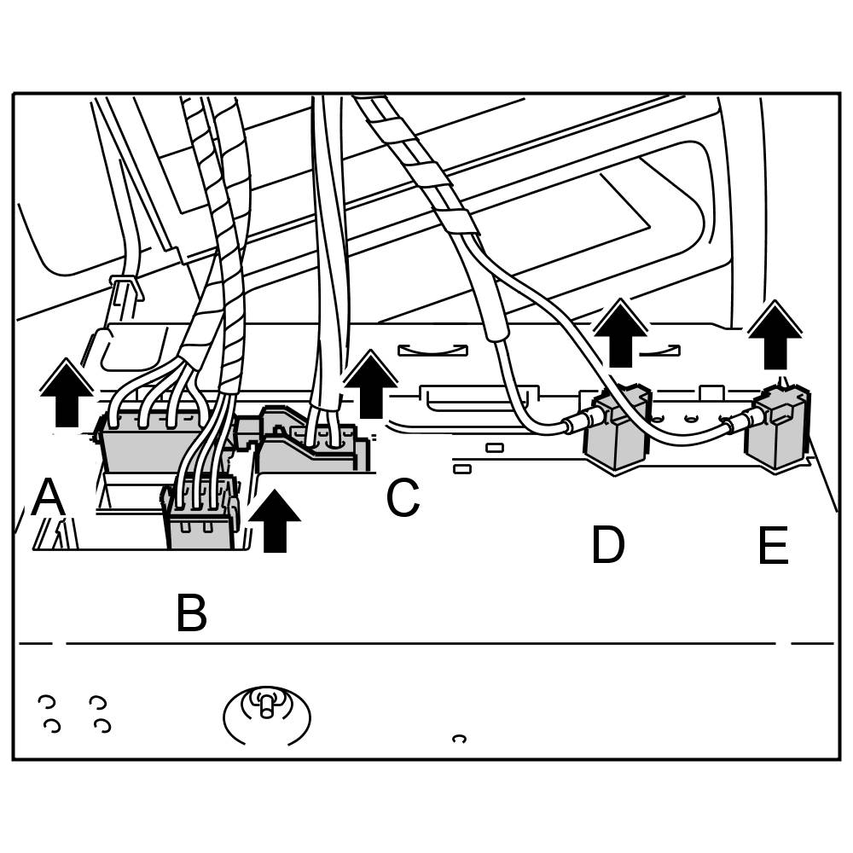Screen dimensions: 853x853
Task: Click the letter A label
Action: click(x=48, y=497)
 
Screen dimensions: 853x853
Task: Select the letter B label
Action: click(x=191, y=612)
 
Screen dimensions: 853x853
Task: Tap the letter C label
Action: click(x=403, y=498)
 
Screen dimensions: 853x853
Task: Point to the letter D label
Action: click(x=607, y=545)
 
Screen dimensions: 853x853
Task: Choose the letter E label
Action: click(x=773, y=546)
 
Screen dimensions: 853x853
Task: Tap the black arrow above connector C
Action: click(x=370, y=385)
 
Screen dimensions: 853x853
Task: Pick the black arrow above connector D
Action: click(x=620, y=336)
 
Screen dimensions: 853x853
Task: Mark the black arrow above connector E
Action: click(x=775, y=334)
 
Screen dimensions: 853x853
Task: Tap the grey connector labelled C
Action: click(x=311, y=444)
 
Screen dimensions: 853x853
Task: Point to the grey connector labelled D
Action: click(x=616, y=431)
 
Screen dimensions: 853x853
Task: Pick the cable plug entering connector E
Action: click(x=738, y=420)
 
